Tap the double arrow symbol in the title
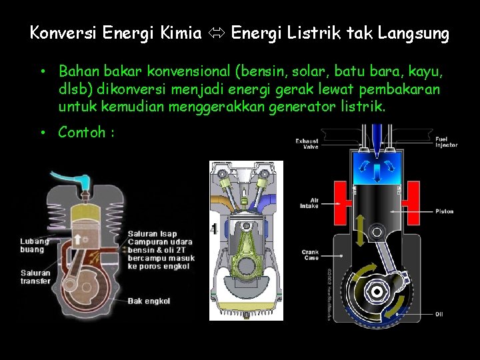point(216,33)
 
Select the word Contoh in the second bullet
point(81,132)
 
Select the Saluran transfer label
point(35,277)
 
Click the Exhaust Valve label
point(307,143)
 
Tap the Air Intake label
point(309,203)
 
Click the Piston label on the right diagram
point(445,211)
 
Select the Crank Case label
point(310,255)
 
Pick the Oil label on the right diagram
point(439,314)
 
